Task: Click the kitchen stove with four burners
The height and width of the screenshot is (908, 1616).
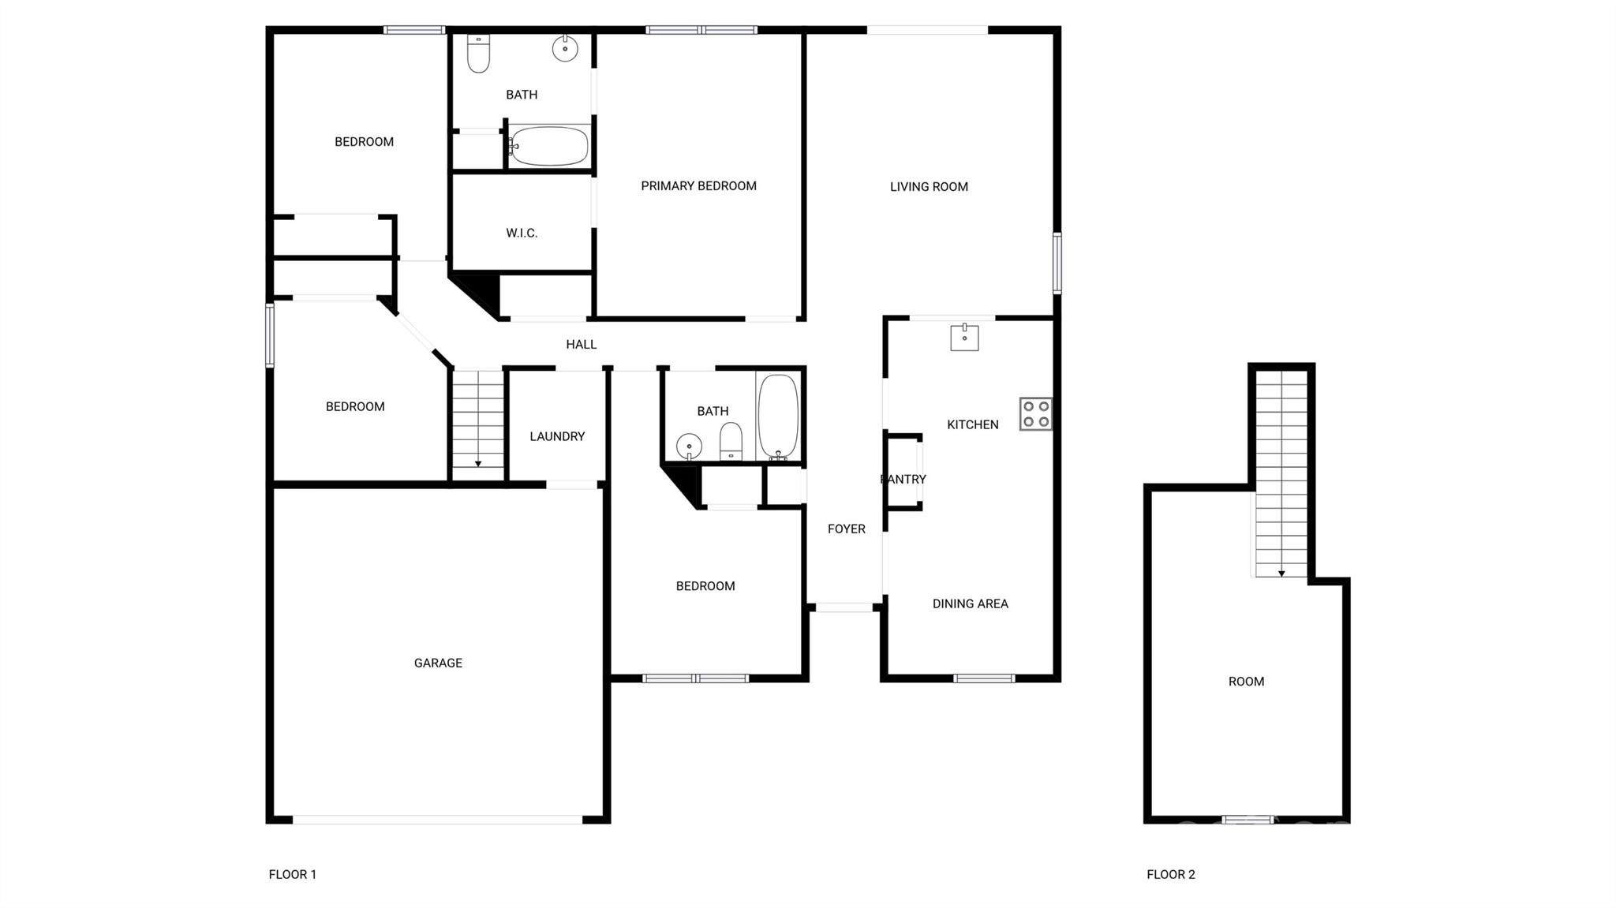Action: tap(1035, 413)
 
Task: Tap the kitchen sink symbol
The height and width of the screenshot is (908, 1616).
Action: tap(964, 337)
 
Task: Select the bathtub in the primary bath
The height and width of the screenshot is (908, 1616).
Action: tap(548, 146)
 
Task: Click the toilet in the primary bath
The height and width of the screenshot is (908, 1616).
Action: tap(478, 53)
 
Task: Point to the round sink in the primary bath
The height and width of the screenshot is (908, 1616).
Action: tap(565, 48)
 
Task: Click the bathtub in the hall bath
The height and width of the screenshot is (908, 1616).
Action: tap(778, 417)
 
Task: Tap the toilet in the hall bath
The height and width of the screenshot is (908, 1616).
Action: tap(731, 441)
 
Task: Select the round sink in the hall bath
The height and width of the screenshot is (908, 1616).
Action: tap(689, 447)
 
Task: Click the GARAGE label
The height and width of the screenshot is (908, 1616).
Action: tap(438, 663)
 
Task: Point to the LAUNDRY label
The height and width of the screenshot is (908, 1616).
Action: tap(557, 436)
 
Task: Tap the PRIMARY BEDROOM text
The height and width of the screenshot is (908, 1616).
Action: tap(698, 186)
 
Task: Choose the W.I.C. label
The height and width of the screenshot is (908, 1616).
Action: tap(522, 233)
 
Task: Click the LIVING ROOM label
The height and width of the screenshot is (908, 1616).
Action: tap(929, 187)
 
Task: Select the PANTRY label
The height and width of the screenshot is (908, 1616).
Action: tap(903, 479)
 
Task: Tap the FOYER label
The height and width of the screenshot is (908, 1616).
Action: tap(847, 529)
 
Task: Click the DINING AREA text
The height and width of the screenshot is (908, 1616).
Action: tap(971, 603)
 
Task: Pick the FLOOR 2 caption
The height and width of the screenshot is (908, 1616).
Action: tap(1171, 874)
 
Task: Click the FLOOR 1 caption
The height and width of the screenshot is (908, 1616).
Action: tap(293, 874)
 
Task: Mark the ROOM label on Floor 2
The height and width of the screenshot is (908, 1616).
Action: tap(1247, 682)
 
